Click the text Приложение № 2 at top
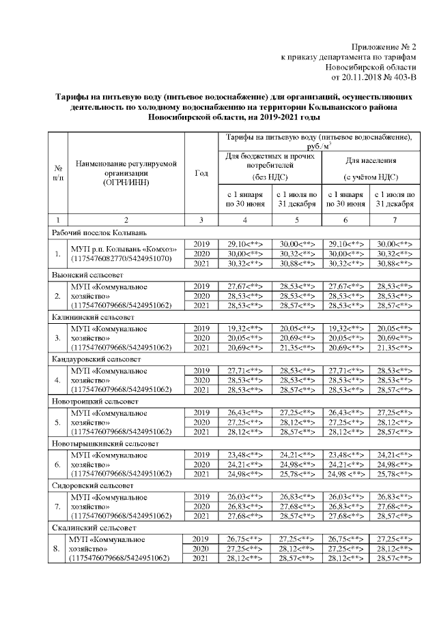pos(383,46)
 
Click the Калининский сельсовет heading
pos(89,317)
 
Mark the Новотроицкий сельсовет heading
pos(91,402)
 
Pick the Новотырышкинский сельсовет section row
pos(98,444)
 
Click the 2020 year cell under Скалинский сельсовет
pos(201,549)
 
